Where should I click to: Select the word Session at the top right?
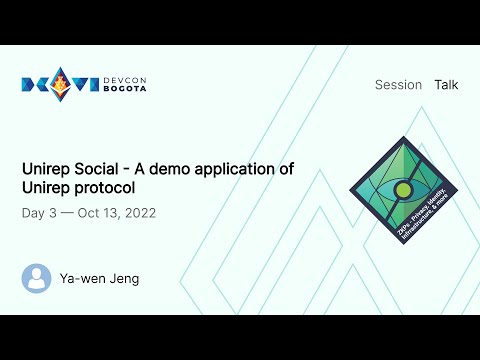[x=398, y=85]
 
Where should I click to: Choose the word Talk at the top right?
[x=446, y=85]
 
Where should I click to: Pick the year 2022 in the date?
[x=136, y=213]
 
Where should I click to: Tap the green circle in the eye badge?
[x=403, y=188]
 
